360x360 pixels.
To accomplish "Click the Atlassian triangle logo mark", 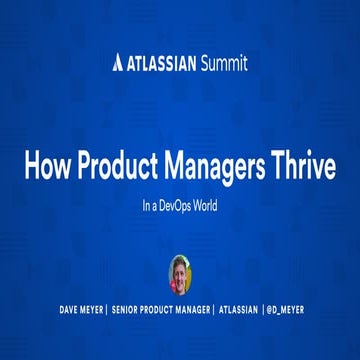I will click(x=118, y=63).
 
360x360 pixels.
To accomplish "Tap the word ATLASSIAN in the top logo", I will click(x=162, y=63).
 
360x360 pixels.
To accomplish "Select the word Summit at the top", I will click(x=224, y=63).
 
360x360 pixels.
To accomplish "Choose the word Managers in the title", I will click(x=219, y=166).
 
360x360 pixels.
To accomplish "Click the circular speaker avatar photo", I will click(x=180, y=271).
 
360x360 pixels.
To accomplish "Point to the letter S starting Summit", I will click(x=206, y=63).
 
